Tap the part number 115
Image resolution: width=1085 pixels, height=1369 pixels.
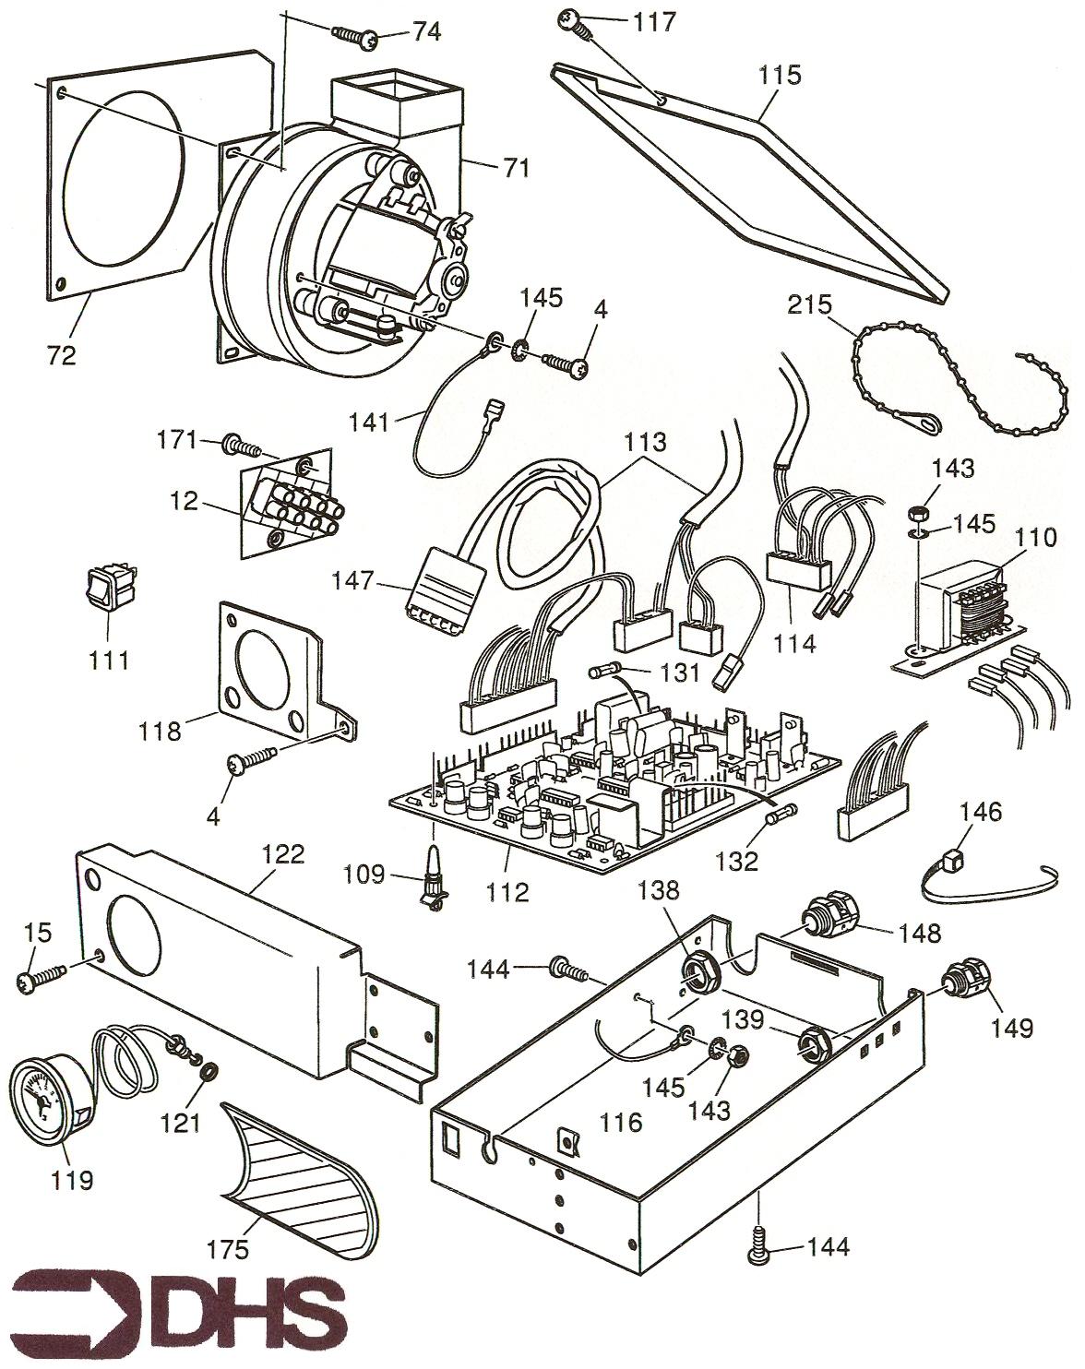781,75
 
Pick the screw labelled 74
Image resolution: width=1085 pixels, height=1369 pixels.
356,35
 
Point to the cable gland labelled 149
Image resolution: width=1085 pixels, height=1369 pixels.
966,984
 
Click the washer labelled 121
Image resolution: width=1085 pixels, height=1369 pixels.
209,1072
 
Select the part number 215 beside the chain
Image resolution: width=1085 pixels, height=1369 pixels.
810,304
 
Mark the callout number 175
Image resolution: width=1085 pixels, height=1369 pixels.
228,1250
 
